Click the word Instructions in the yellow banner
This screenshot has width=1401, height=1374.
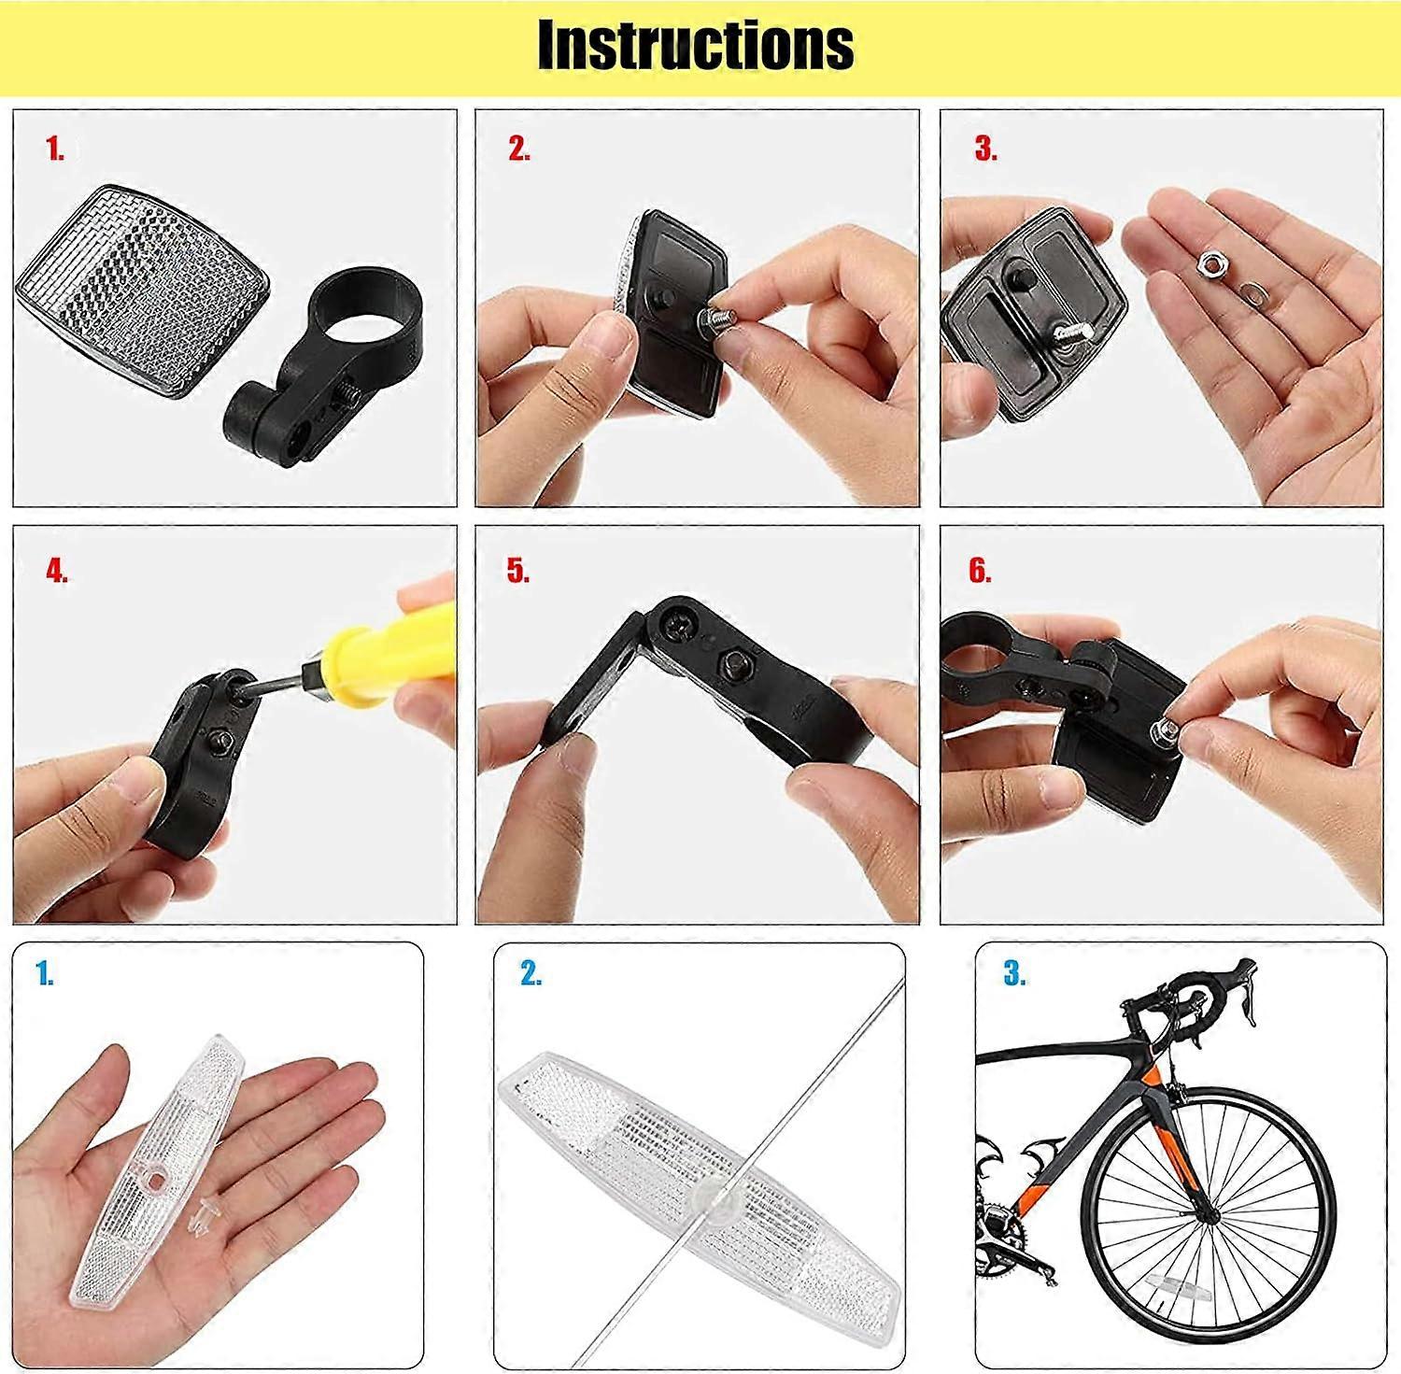click(696, 44)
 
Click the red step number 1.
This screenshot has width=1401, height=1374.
click(55, 149)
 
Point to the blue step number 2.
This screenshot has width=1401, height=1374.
click(531, 974)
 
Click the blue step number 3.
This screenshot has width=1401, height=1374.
click(1015, 974)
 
